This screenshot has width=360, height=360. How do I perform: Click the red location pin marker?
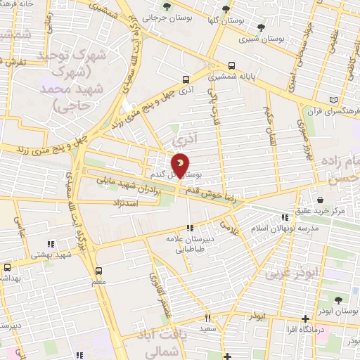(x=181, y=165)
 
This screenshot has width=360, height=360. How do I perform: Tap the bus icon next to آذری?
(x=186, y=79)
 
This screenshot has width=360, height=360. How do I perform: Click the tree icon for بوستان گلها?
(x=226, y=9)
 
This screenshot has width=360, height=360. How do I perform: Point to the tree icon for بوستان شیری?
(x=261, y=27)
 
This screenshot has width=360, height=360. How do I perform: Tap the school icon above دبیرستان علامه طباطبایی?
(x=189, y=228)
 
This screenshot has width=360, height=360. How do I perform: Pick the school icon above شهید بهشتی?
(x=51, y=244)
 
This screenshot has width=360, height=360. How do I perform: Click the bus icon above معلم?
(x=98, y=270)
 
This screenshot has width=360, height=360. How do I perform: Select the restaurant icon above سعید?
(x=207, y=318)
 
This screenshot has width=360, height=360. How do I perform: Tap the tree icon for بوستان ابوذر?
(x=337, y=300)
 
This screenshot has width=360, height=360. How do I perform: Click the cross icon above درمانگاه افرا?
(x=304, y=319)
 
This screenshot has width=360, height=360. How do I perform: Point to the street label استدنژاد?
(x=127, y=202)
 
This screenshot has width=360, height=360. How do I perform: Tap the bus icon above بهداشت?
(x=7, y=267)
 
